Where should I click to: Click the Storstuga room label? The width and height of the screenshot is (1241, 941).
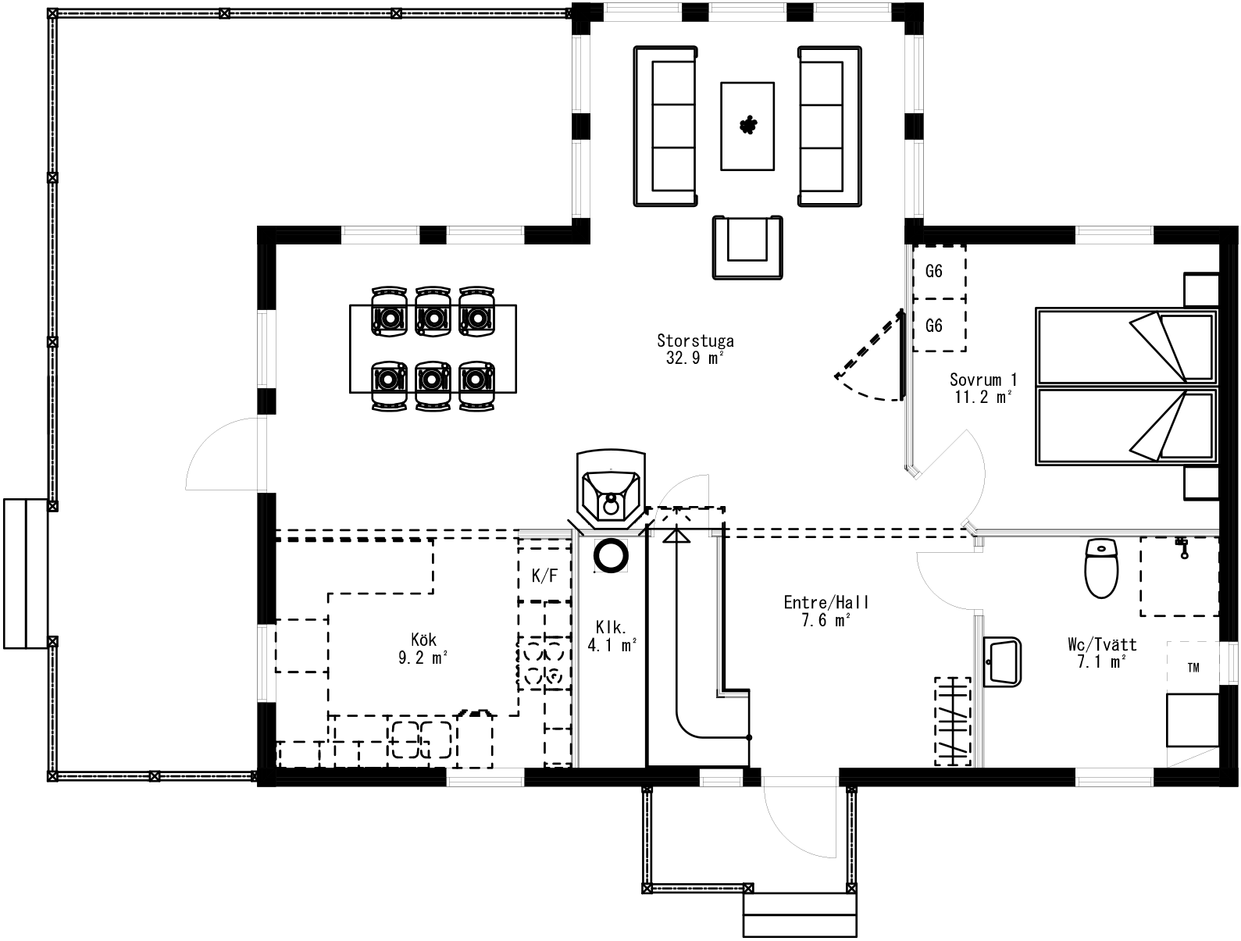[695, 340]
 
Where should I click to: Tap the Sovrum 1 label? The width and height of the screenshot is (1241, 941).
[983, 380]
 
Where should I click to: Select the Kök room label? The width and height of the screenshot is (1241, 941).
[423, 640]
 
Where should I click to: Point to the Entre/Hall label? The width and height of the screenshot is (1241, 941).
[826, 602]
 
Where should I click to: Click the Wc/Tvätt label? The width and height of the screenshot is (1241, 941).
[1102, 644]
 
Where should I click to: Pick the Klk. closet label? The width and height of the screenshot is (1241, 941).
[612, 627]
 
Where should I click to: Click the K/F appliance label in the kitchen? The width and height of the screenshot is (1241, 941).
[544, 576]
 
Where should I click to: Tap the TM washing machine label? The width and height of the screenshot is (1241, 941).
[1193, 668]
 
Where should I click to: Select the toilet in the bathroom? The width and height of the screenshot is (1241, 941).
[1101, 568]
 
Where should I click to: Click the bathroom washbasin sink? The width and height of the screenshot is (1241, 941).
[1002, 661]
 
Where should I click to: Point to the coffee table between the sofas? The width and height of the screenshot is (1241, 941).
[747, 126]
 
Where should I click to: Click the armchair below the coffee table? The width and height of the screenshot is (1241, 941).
[747, 247]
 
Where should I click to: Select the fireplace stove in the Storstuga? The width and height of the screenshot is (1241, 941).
[611, 490]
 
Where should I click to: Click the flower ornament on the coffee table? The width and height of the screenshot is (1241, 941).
[748, 126]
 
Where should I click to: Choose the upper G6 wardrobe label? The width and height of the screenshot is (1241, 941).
[933, 271]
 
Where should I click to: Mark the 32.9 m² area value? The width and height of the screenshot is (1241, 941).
[695, 358]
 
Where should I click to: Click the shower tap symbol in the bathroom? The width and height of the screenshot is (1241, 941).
[1182, 547]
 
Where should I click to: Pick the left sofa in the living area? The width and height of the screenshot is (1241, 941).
[665, 126]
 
